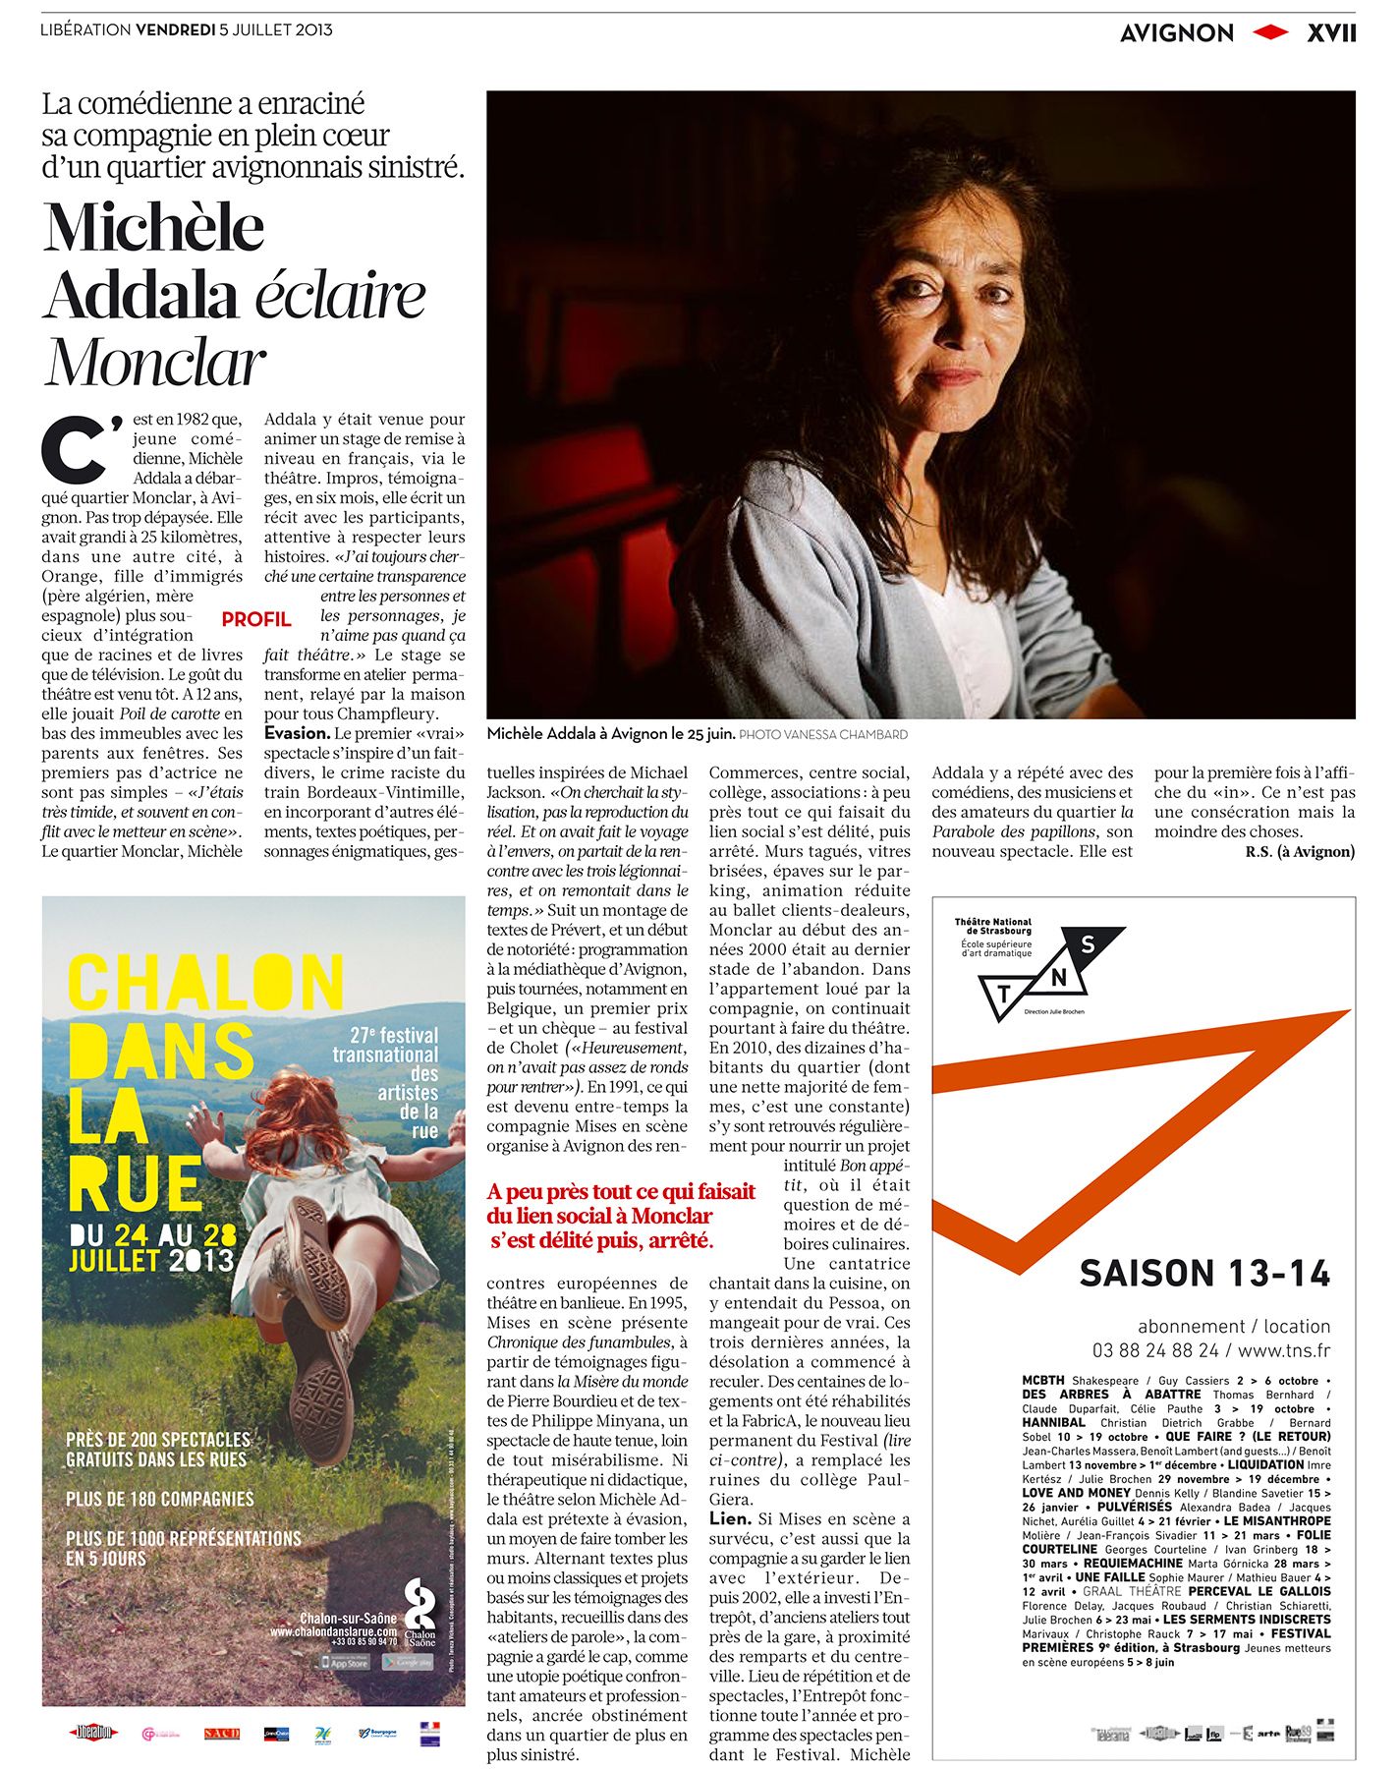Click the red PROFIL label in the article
click(x=255, y=619)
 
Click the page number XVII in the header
click(x=1330, y=33)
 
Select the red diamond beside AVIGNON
click(x=1270, y=33)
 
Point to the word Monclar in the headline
click(x=155, y=363)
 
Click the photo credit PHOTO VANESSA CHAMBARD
click(x=823, y=734)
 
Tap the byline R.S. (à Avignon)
click(x=1299, y=851)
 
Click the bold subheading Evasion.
click(x=297, y=733)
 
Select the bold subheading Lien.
click(x=730, y=1518)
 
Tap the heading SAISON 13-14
click(x=1204, y=1274)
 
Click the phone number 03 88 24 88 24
click(x=1154, y=1351)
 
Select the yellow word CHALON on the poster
click(x=205, y=984)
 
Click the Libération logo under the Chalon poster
click(x=92, y=1733)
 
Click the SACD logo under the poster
click(x=221, y=1733)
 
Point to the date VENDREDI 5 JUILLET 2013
click(x=234, y=29)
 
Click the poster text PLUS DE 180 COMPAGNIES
click(x=160, y=1499)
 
